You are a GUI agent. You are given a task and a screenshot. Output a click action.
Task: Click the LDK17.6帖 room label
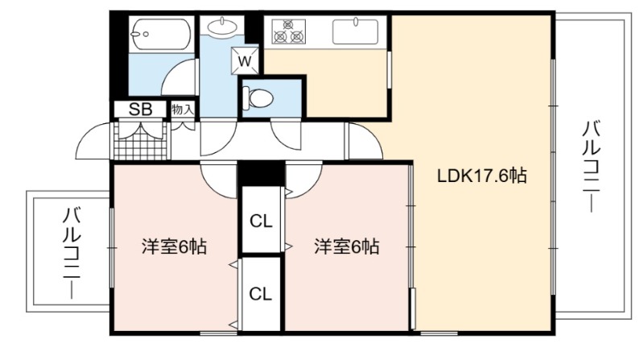[x=481, y=176]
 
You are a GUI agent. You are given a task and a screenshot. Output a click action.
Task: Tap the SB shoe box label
[x=140, y=110]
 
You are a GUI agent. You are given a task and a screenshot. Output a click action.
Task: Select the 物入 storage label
[x=183, y=110]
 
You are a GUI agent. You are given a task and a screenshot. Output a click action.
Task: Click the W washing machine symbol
[x=245, y=61]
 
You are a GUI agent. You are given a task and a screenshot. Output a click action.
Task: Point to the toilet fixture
[x=258, y=98]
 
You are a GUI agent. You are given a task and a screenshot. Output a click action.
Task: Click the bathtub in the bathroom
[x=160, y=34]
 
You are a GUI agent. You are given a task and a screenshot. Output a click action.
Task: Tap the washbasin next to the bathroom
[x=222, y=27]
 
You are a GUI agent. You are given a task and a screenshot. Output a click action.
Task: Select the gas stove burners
[x=289, y=31]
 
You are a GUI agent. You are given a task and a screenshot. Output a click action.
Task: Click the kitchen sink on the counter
[x=355, y=31]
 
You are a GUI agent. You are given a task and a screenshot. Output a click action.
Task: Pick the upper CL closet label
[x=261, y=222]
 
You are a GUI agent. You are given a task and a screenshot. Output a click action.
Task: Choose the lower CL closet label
[x=260, y=294]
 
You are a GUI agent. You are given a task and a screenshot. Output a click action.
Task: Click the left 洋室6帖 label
[x=174, y=246]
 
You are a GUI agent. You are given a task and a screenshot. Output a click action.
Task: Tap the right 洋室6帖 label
[x=347, y=246]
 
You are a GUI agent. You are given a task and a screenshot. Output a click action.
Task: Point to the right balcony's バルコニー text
[x=592, y=166]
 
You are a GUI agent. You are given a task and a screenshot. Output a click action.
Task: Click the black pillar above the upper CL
[x=261, y=173]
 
